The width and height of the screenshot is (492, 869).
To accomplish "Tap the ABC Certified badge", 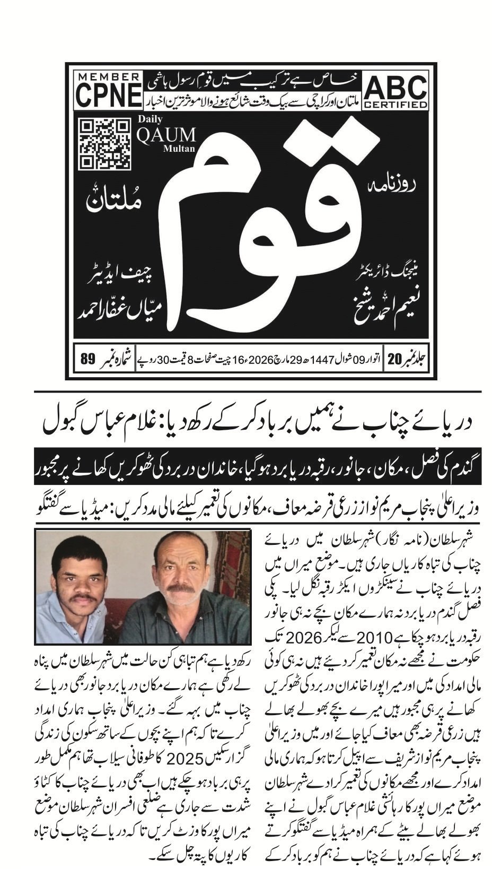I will click(x=396, y=92).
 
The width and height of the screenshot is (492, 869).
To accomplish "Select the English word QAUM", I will click(x=165, y=135).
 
